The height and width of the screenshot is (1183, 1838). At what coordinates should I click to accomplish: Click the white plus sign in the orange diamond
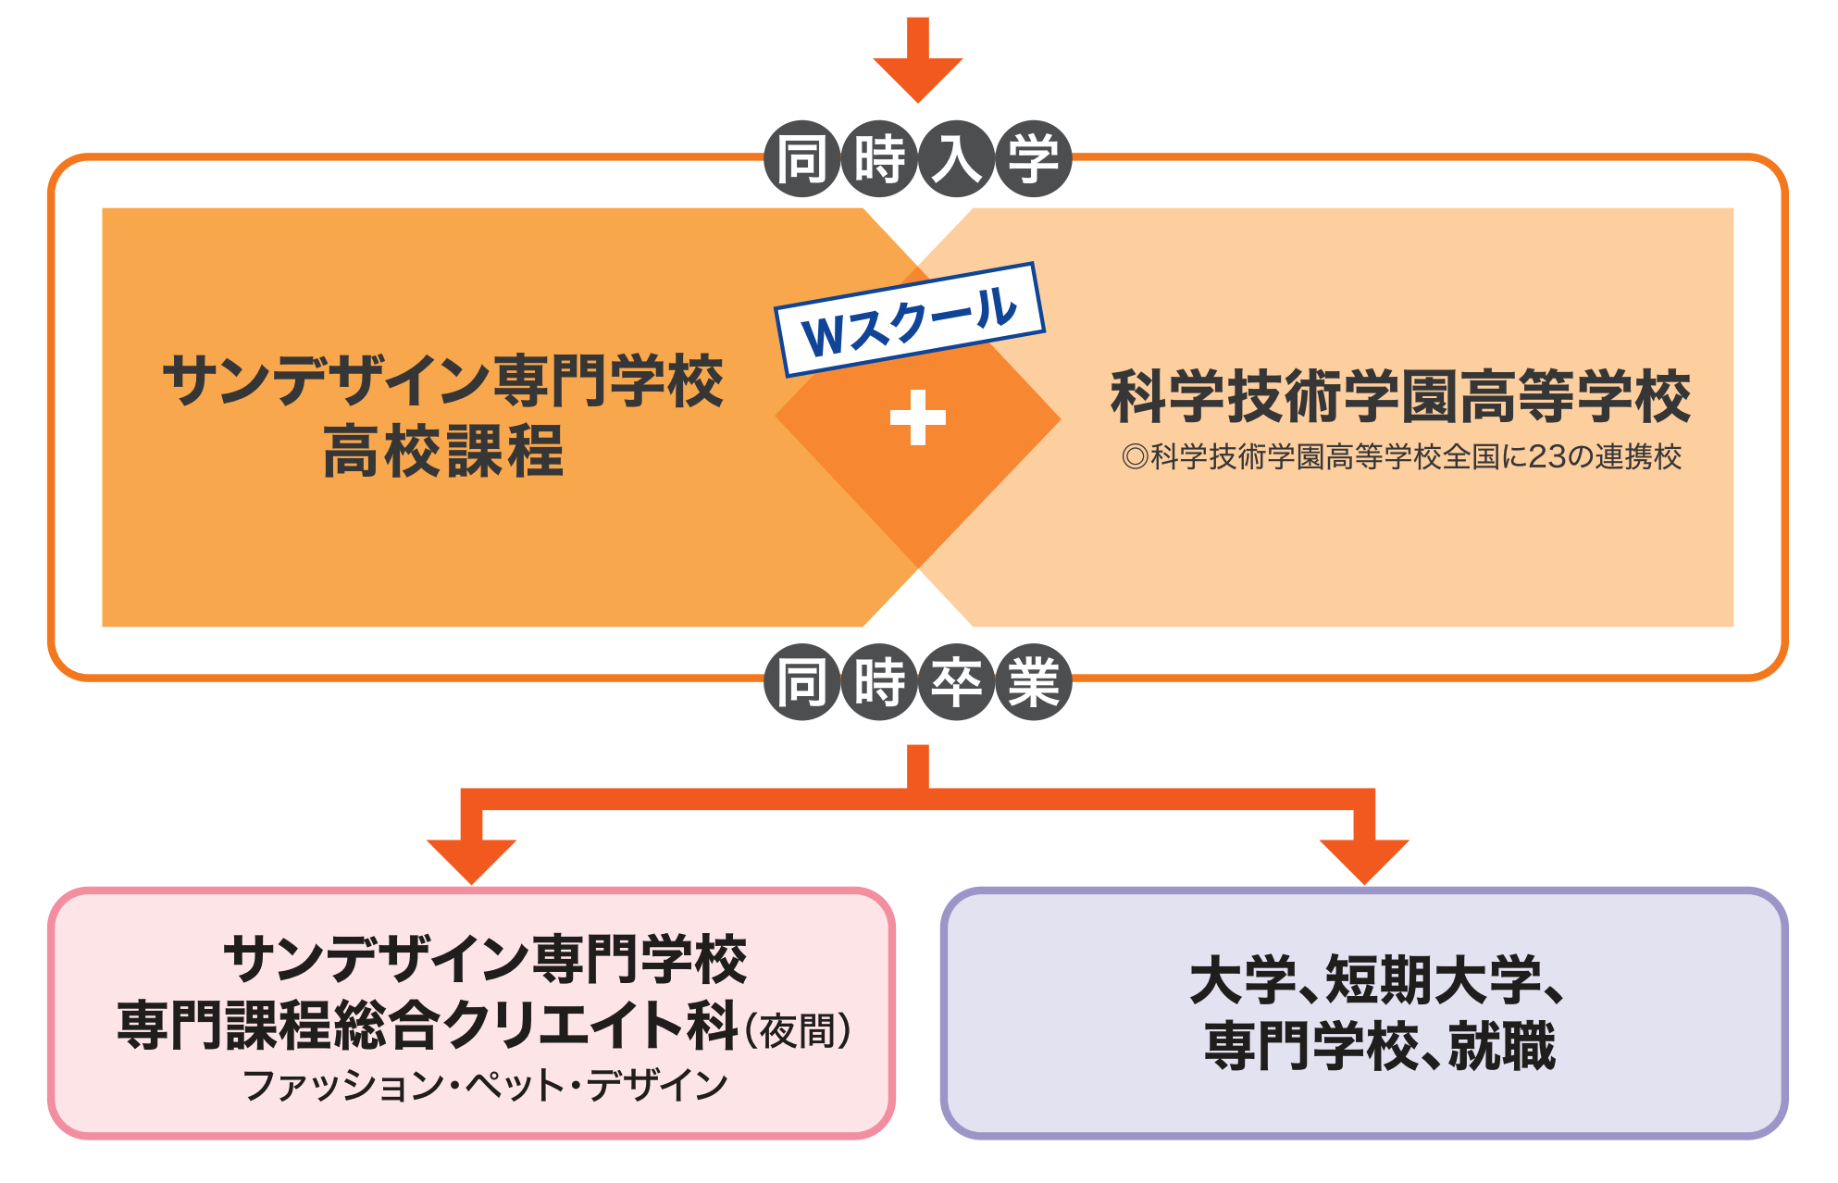point(917,417)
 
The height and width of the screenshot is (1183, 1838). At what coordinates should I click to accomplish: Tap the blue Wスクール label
point(911,319)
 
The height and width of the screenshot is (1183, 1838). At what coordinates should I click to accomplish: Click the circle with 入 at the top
point(956,159)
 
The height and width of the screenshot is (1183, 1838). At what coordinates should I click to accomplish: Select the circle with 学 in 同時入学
point(1033,159)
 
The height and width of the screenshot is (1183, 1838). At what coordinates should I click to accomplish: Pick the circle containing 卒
point(956,682)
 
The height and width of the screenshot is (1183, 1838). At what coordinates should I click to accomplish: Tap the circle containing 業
point(1033,682)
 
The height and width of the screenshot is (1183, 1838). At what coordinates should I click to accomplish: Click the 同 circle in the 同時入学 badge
point(802,159)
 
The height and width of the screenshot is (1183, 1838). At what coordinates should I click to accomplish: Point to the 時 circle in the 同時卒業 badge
point(879,682)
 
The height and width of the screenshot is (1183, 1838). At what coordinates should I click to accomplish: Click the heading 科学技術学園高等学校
point(1400,396)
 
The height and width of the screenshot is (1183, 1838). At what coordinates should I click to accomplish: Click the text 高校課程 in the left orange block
point(443,451)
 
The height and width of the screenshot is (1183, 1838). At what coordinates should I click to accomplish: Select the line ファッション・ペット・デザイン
point(485,1085)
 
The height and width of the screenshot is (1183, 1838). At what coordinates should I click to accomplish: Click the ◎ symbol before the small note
point(1135,457)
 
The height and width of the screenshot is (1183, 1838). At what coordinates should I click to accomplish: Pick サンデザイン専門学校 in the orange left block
point(443,380)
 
